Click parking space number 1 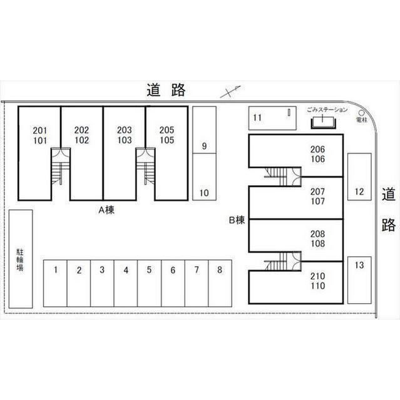(x=56, y=282)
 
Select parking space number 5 (x=149, y=282)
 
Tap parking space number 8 (x=219, y=282)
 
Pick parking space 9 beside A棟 (x=204, y=147)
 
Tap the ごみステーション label (x=327, y=110)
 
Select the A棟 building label (x=105, y=210)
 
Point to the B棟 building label (x=236, y=219)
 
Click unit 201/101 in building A (x=39, y=135)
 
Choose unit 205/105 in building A (x=167, y=135)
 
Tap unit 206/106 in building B (x=317, y=154)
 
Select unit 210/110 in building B (x=317, y=281)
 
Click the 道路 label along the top (x=167, y=90)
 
